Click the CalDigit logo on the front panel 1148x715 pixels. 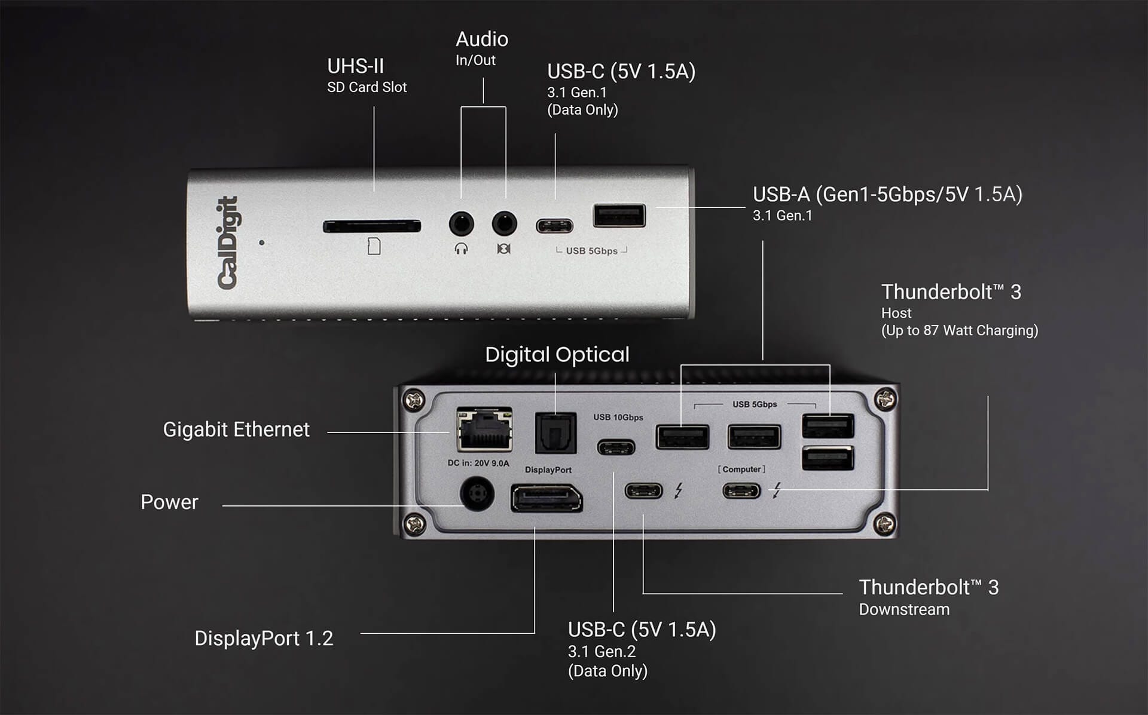[x=227, y=243]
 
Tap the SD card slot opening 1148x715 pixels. [x=371, y=226]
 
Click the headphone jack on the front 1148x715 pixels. [x=461, y=225]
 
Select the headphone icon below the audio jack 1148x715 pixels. [x=461, y=248]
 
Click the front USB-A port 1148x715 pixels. [x=619, y=216]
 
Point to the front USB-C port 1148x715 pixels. [x=554, y=226]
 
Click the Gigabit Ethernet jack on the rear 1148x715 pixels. [x=484, y=429]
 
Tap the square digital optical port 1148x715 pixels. [x=555, y=433]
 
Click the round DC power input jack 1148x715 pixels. [x=477, y=493]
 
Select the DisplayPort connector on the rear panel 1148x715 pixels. [x=546, y=499]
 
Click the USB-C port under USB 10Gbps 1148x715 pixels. [x=616, y=447]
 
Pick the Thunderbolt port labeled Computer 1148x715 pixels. [x=741, y=491]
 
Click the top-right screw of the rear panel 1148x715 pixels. [x=885, y=398]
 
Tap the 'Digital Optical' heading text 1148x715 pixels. [x=557, y=355]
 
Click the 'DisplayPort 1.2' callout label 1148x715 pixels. [x=264, y=638]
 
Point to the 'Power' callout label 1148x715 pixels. [x=169, y=502]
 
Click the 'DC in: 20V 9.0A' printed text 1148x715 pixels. [x=478, y=463]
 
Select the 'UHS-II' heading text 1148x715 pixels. [x=355, y=66]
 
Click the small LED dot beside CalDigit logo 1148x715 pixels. [x=262, y=243]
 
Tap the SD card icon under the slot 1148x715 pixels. [x=374, y=246]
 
